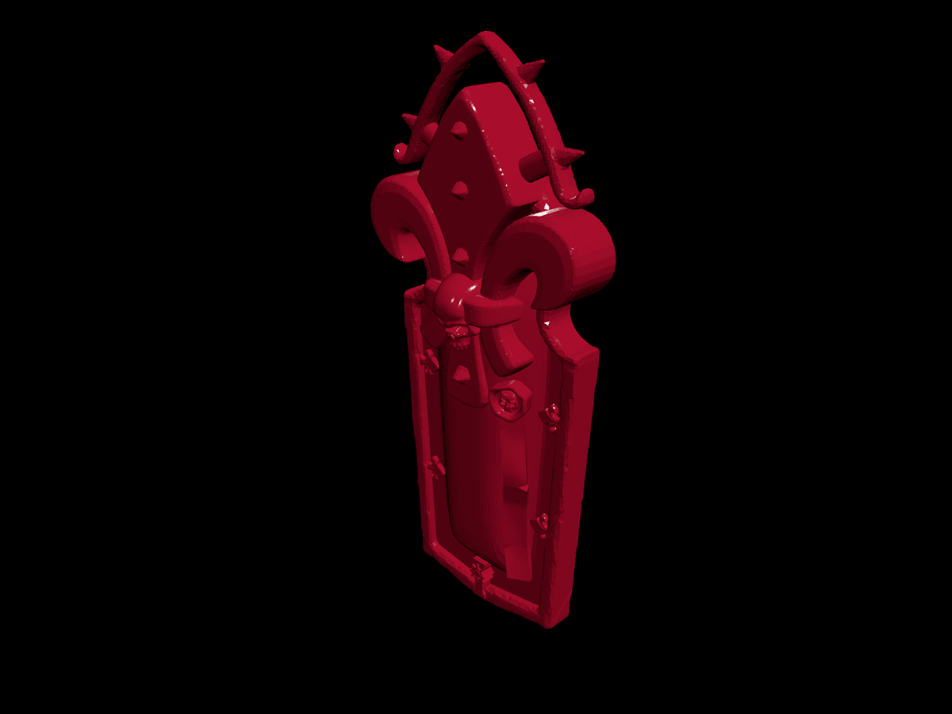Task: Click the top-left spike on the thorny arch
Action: pyautogui.click(x=442, y=55)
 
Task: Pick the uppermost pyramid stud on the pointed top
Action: pyautogui.click(x=459, y=131)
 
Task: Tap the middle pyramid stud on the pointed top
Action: pyautogui.click(x=458, y=189)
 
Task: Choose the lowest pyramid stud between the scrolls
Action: pyautogui.click(x=459, y=255)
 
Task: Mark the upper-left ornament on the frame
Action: pyautogui.click(x=429, y=362)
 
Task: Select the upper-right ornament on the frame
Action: pyautogui.click(x=551, y=415)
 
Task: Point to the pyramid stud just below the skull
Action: pyautogui.click(x=461, y=373)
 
